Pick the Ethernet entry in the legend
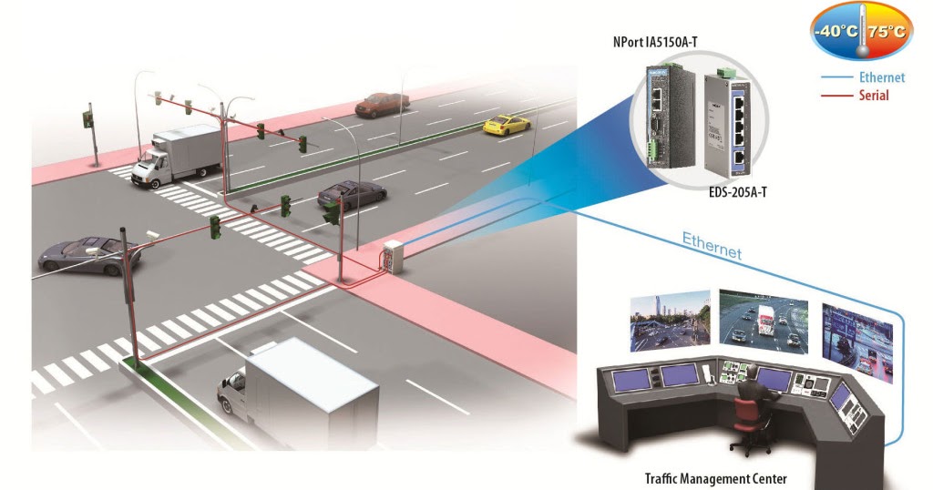coord(880,78)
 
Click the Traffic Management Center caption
coord(715,478)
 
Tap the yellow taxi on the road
coord(506,124)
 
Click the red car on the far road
coord(382,104)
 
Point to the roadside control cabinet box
coord(393,256)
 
